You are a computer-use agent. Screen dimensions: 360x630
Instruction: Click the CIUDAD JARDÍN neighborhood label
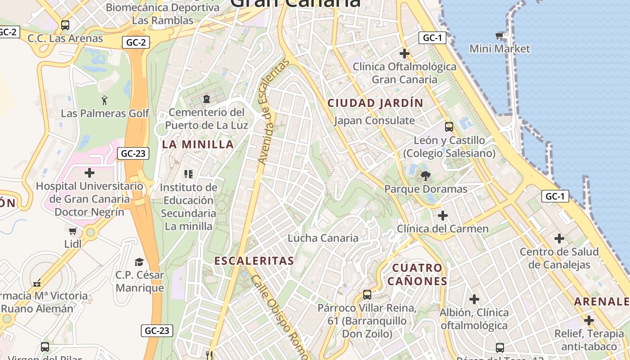click(375, 103)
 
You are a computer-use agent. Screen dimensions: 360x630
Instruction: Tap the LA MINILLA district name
click(198, 144)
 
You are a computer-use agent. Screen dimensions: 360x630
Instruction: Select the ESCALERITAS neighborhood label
click(254, 261)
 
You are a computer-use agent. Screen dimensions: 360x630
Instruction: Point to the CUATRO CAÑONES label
click(417, 274)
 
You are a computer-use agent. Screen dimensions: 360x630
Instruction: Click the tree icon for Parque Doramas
click(425, 175)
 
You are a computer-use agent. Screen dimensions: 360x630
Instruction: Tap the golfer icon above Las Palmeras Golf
click(105, 99)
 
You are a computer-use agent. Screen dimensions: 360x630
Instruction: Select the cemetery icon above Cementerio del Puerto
click(207, 98)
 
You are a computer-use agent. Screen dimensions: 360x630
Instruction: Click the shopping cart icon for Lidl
click(73, 231)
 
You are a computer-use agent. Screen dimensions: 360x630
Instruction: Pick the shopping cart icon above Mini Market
click(499, 35)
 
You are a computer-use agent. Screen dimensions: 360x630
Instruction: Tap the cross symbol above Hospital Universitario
click(90, 172)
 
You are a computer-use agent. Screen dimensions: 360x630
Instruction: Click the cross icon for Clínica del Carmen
click(443, 215)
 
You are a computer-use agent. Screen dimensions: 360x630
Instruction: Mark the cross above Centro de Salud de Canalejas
click(559, 238)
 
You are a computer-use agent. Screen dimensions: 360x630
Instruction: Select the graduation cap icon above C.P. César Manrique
click(139, 261)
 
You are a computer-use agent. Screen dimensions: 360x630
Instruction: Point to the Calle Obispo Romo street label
click(279, 315)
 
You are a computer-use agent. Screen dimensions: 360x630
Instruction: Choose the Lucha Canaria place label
click(323, 238)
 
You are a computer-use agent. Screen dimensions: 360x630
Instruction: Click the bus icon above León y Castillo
click(449, 126)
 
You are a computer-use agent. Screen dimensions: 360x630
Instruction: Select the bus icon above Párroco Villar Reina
click(367, 295)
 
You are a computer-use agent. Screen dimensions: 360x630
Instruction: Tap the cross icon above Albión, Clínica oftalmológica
click(474, 299)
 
